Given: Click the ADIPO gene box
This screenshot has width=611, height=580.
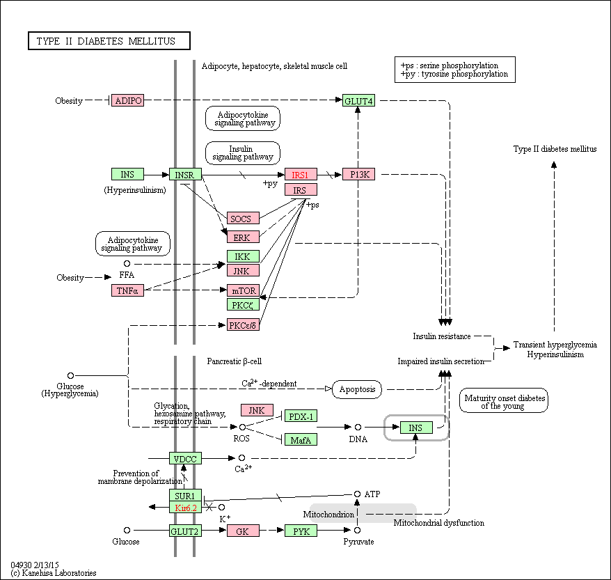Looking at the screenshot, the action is (127, 100).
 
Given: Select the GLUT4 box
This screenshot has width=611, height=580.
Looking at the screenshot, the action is (358, 100).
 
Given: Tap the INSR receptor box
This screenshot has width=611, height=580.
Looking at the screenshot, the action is (185, 174).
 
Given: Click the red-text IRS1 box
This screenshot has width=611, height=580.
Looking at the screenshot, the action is (301, 174).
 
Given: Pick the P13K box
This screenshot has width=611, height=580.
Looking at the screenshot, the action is (358, 174).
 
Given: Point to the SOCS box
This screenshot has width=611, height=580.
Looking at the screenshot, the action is (243, 218).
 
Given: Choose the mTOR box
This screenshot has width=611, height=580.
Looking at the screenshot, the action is (243, 290).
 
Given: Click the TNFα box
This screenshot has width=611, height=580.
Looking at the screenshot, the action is (127, 290).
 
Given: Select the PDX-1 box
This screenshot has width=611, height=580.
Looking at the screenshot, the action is (301, 416).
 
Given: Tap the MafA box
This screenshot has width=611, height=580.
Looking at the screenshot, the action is (301, 439).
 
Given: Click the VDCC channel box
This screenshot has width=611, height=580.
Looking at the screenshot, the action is (185, 458).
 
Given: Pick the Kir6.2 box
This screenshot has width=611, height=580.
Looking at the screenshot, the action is (185, 508).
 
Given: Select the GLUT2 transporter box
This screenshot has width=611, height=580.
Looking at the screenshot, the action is (185, 531).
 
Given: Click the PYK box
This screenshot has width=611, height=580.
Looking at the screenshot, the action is (301, 531).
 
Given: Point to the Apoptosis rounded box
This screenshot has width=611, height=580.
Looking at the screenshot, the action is (357, 389).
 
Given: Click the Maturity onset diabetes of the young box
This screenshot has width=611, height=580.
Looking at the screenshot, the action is (503, 400).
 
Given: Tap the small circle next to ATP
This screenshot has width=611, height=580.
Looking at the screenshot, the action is (357, 494).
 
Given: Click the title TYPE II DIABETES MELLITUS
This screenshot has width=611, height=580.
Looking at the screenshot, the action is (109, 41).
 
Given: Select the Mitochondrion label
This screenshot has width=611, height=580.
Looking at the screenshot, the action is (328, 515).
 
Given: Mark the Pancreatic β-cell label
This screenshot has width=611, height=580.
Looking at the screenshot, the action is (235, 361).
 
